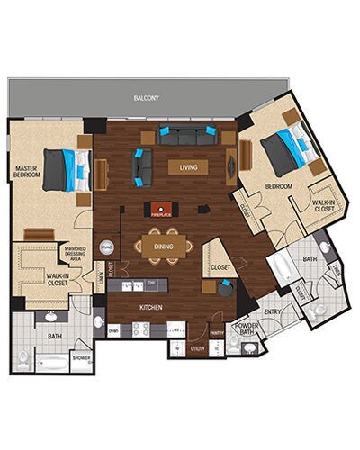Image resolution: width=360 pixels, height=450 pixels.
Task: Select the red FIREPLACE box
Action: [x=161, y=208]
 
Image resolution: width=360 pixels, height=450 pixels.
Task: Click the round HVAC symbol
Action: [x=106, y=247]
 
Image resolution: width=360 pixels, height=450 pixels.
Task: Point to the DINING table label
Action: [x=164, y=246]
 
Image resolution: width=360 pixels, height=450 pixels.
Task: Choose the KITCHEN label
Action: [x=150, y=308]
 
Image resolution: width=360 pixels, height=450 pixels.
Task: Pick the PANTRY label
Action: [x=216, y=333]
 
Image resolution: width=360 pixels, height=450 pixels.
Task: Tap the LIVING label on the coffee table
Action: [x=188, y=166]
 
